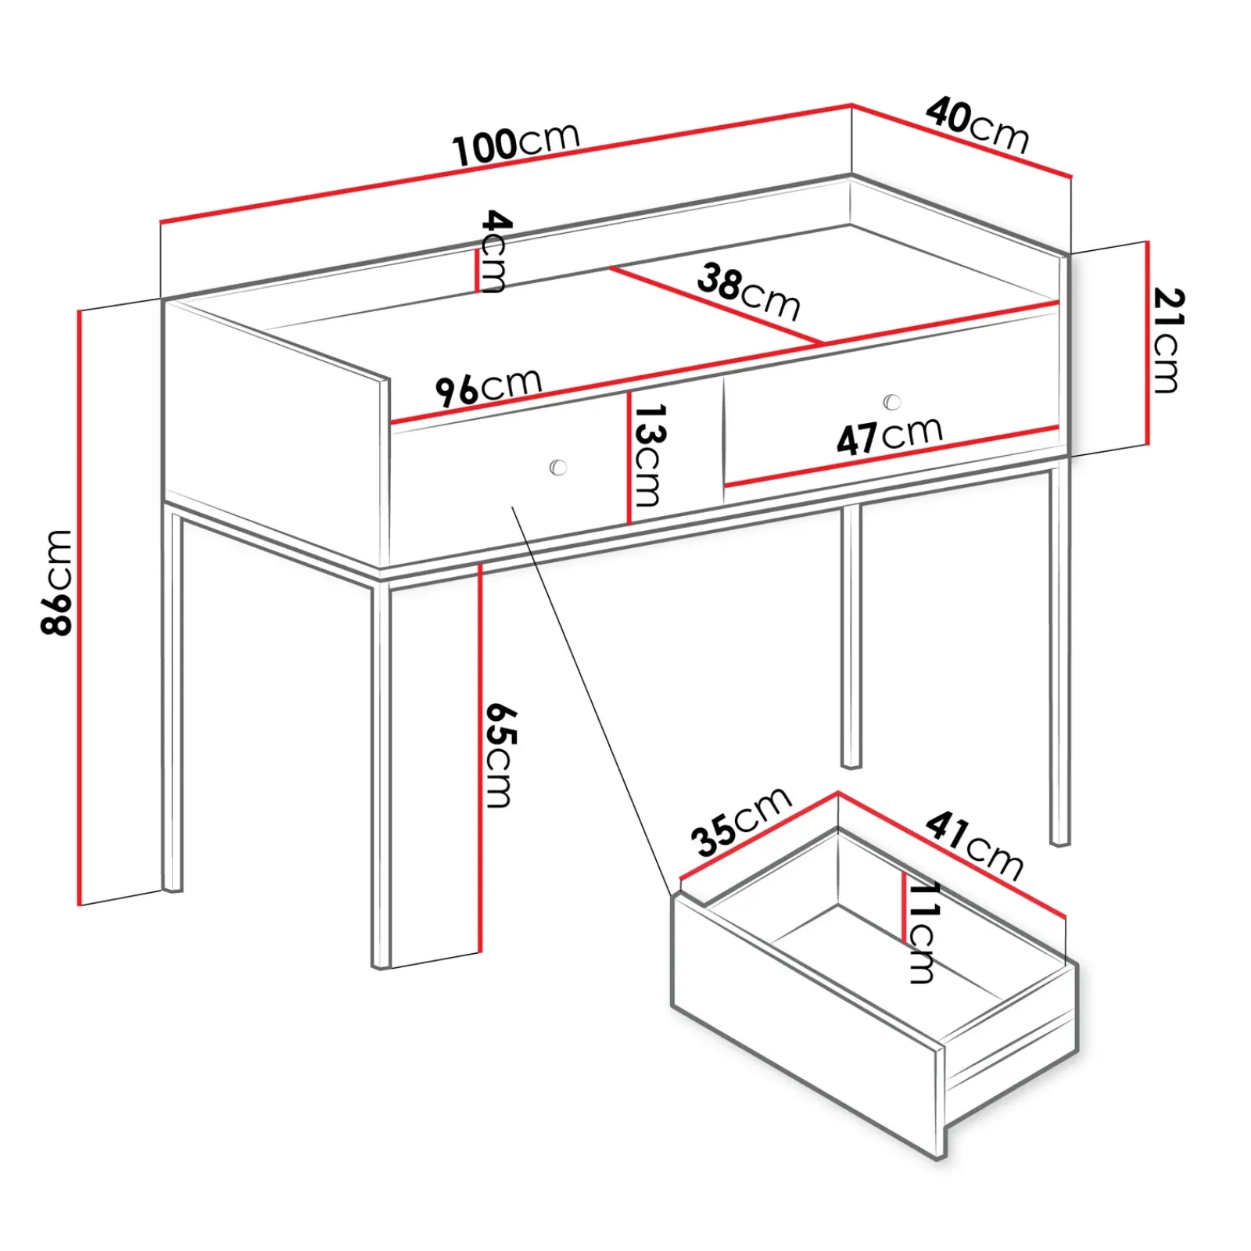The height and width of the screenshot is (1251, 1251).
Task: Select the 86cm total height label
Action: tap(57, 582)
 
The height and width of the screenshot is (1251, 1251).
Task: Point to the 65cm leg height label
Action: tap(500, 755)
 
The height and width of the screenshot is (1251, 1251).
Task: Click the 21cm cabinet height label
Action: tap(1168, 340)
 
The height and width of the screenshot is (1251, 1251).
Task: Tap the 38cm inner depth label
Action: tap(749, 292)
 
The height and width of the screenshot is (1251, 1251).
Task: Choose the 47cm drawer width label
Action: tap(890, 435)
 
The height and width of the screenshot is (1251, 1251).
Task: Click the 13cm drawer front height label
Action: tap(649, 455)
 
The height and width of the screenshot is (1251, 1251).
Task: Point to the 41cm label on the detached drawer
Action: tap(974, 846)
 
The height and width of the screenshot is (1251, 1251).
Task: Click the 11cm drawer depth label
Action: tap(923, 932)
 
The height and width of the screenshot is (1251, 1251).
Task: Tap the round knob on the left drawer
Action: tap(558, 468)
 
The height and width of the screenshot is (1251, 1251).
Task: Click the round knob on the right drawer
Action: tap(891, 402)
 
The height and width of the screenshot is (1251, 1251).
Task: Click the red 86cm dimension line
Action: tap(79, 608)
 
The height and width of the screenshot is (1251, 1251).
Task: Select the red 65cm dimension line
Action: tap(479, 758)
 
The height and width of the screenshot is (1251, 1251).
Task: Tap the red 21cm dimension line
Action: tap(1147, 342)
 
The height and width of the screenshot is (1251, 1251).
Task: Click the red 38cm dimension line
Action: tap(717, 305)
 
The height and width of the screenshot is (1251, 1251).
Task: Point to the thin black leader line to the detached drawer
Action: tap(592, 700)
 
